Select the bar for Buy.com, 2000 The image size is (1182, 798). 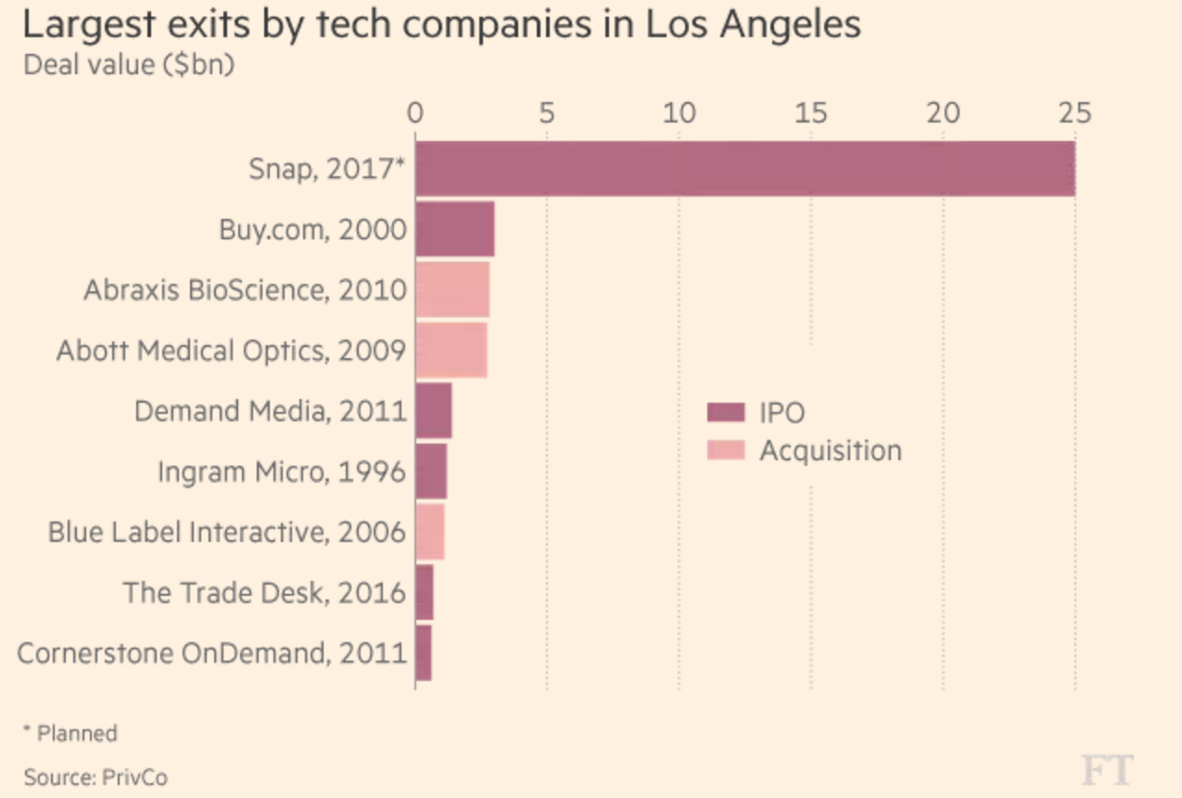(454, 229)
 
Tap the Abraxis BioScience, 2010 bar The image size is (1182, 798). (452, 290)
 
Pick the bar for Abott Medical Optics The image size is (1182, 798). (451, 350)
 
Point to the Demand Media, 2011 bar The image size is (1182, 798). (434, 410)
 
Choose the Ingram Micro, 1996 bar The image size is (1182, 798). (431, 471)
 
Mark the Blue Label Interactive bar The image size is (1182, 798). (430, 532)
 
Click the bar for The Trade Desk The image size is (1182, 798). (425, 592)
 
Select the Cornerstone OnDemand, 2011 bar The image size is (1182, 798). (424, 652)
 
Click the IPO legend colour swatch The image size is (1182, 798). (726, 413)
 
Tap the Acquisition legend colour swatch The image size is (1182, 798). (726, 451)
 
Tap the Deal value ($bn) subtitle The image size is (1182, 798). (129, 67)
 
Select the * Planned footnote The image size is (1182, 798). (70, 733)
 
